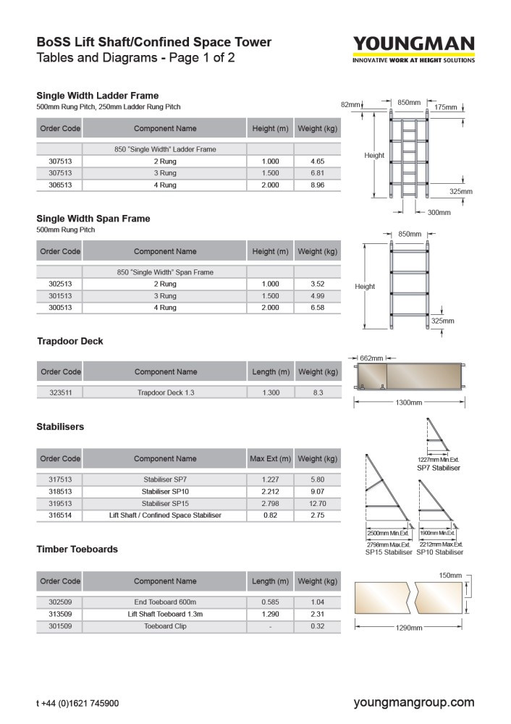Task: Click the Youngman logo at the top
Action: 413,49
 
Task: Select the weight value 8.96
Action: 316,185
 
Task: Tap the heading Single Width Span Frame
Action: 93,219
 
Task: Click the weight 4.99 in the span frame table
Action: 316,296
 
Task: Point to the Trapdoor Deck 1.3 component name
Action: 165,392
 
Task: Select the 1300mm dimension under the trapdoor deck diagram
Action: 408,403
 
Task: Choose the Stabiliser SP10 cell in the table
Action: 165,492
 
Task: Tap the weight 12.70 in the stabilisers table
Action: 316,503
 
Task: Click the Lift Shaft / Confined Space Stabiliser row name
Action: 165,515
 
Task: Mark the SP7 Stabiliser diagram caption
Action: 439,468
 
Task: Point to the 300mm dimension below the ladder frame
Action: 439,212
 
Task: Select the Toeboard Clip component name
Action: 165,626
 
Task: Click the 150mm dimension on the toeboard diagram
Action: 450,576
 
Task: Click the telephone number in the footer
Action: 77,703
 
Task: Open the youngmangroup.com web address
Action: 414,702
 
